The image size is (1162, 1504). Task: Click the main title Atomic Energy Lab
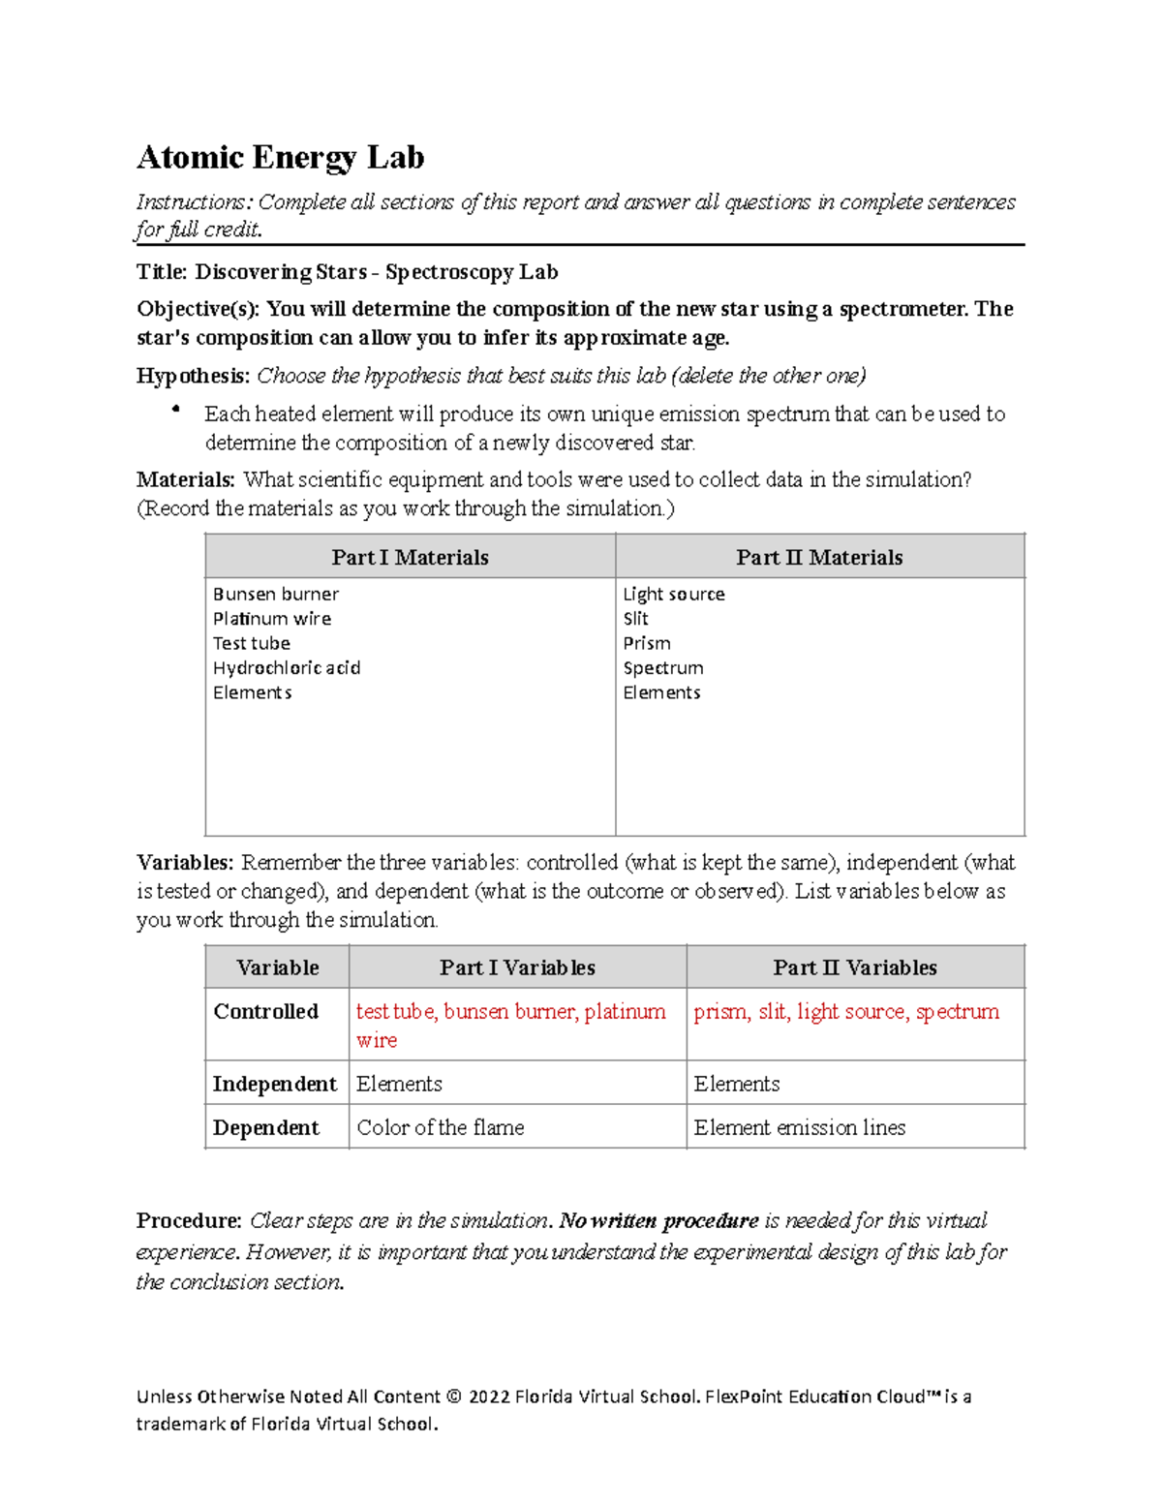pyautogui.click(x=280, y=157)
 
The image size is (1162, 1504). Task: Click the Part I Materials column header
pyautogui.click(x=410, y=558)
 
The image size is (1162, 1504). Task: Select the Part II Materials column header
pyautogui.click(x=819, y=558)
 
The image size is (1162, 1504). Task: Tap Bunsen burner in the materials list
pyautogui.click(x=276, y=595)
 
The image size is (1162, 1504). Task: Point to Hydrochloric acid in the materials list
pyautogui.click(x=287, y=668)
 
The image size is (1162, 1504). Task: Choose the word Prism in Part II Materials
pyautogui.click(x=647, y=644)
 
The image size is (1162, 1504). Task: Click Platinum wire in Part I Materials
pyautogui.click(x=272, y=619)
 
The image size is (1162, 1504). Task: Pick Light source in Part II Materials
pyautogui.click(x=674, y=595)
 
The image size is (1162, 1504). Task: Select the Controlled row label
pyautogui.click(x=266, y=1012)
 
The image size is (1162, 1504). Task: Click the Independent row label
pyautogui.click(x=275, y=1085)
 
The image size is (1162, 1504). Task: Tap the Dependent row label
pyautogui.click(x=266, y=1128)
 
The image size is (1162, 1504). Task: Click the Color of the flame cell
pyautogui.click(x=441, y=1128)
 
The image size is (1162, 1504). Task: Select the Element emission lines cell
pyautogui.click(x=800, y=1128)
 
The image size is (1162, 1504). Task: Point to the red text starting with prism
pyautogui.click(x=846, y=1012)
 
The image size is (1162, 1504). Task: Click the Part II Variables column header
pyautogui.click(x=855, y=967)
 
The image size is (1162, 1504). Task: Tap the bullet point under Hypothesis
pyautogui.click(x=175, y=411)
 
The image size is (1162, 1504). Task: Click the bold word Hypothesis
pyautogui.click(x=194, y=376)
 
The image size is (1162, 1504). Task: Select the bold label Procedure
pyautogui.click(x=189, y=1220)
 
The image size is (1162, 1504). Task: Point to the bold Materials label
pyautogui.click(x=186, y=480)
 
